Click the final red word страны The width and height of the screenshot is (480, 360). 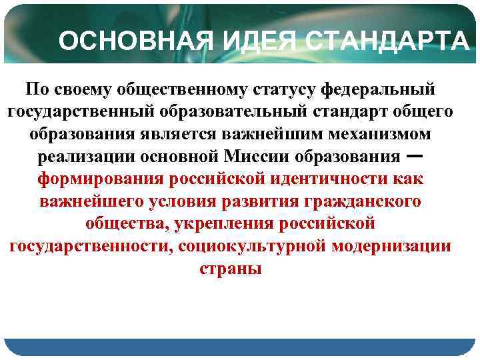(231, 270)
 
